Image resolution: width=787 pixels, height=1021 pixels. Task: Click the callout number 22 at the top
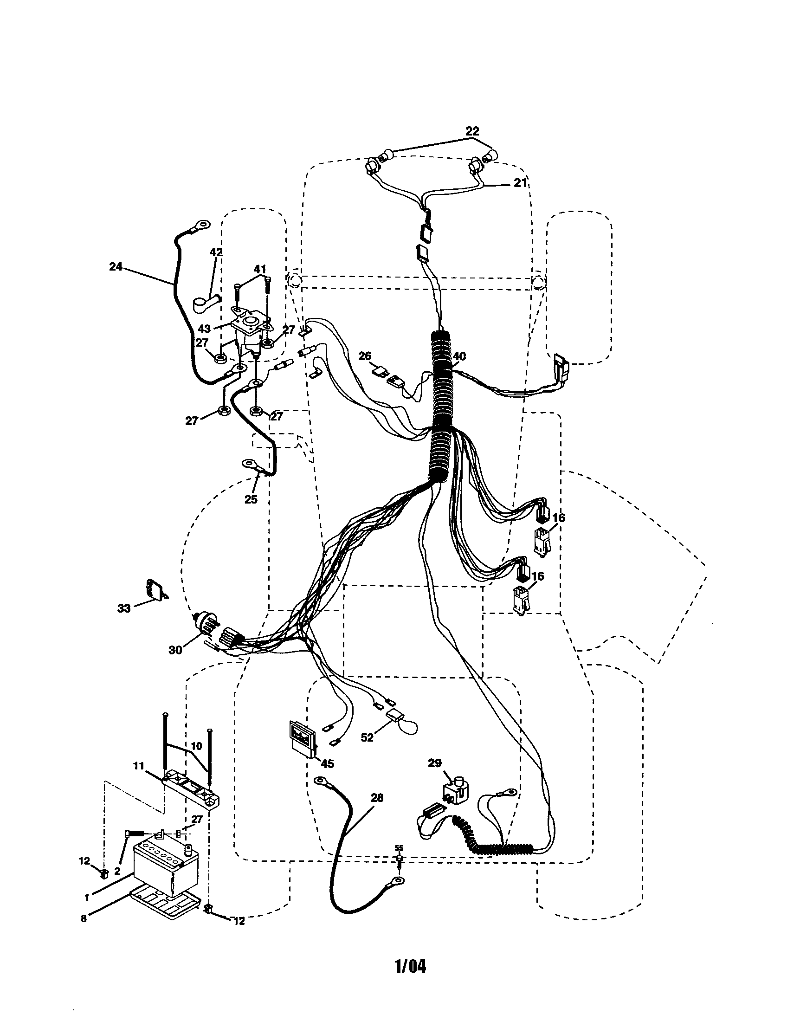472,131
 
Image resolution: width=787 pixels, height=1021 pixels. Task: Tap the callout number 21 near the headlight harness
520,183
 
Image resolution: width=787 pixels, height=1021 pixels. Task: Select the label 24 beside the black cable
116,266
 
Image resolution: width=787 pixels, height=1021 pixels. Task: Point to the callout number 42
216,252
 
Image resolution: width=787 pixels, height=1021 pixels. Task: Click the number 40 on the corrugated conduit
459,356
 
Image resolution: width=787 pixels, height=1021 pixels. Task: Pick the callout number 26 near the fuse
365,356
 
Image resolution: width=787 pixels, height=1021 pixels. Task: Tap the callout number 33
124,609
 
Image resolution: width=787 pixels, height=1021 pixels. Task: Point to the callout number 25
251,499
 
